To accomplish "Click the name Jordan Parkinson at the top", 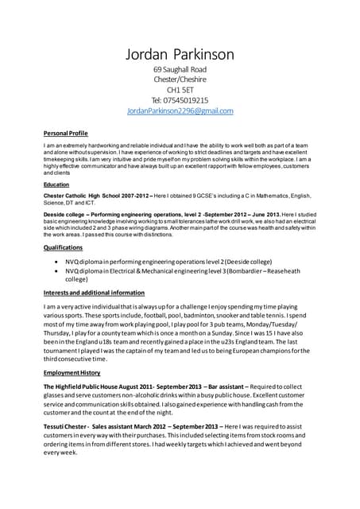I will click(x=180, y=54).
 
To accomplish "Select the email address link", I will click(x=180, y=111).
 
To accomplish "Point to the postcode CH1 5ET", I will click(x=180, y=90).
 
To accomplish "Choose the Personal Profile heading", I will click(x=65, y=133).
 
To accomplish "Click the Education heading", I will click(x=56, y=185).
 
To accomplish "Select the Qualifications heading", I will click(x=63, y=247).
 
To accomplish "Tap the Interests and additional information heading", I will click(x=94, y=293).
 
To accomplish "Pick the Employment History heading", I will click(x=72, y=372).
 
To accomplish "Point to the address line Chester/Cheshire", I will click(x=180, y=80).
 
